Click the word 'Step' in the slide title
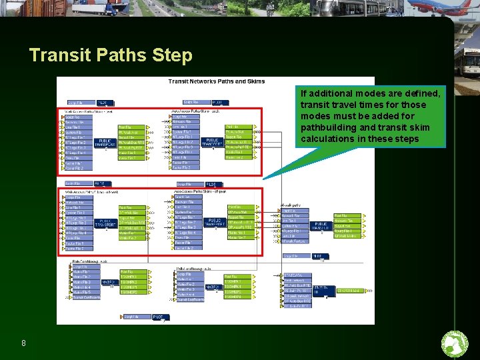(x=172, y=55)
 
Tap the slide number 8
(x=24, y=343)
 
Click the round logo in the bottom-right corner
(x=455, y=343)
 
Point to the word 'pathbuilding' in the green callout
(x=326, y=127)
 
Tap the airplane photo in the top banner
(x=440, y=8)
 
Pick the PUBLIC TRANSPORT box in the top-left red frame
(x=105, y=143)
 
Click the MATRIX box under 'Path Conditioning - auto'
(x=212, y=287)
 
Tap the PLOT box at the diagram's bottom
(x=160, y=317)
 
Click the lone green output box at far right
(x=349, y=291)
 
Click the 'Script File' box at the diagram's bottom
(x=133, y=317)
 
